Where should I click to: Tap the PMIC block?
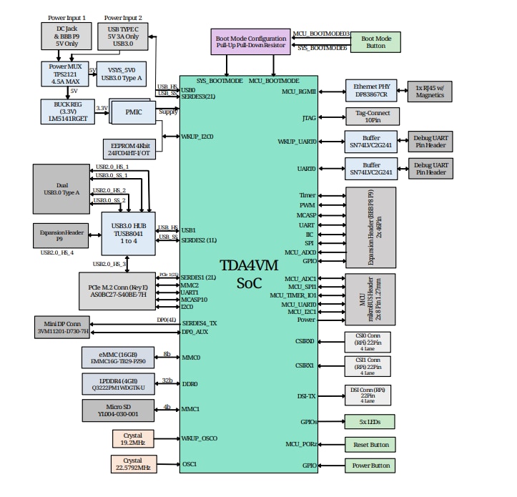(134, 112)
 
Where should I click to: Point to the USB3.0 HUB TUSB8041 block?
(128, 233)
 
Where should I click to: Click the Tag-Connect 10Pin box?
(372, 117)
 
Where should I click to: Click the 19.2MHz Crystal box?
(133, 438)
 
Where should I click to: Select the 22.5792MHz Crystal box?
(133, 464)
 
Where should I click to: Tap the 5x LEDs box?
(370, 421)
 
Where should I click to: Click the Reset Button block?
(370, 444)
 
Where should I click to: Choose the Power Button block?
(370, 466)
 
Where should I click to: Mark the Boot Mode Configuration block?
(250, 41)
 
